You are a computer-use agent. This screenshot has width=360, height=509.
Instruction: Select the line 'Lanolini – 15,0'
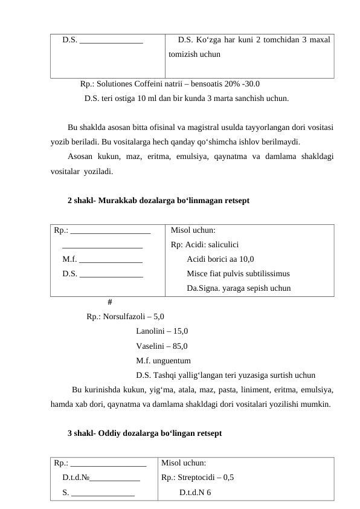click(x=162, y=331)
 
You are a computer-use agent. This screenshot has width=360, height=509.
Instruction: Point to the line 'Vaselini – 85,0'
click(x=162, y=346)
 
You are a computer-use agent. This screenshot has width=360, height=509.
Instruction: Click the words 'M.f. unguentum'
click(x=164, y=361)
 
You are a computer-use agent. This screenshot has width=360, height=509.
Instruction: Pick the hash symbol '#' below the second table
click(x=109, y=302)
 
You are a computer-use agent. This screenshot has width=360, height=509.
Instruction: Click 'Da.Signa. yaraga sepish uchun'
click(x=239, y=288)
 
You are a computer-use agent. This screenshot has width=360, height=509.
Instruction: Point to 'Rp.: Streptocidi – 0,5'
click(x=198, y=476)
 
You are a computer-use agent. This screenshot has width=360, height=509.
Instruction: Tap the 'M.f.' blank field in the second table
click(x=69, y=259)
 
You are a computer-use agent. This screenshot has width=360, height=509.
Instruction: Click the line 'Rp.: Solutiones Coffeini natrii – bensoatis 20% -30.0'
click(x=170, y=84)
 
